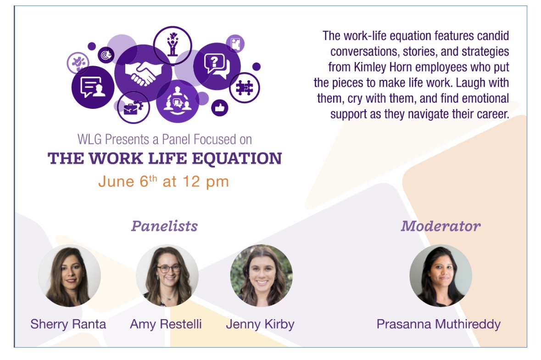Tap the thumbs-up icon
[x=220, y=108]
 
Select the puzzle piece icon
[x=245, y=88]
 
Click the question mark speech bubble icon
[x=217, y=66]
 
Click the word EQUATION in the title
[x=237, y=158]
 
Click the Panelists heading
[x=164, y=226]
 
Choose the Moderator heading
[x=441, y=226]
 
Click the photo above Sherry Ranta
[x=70, y=276]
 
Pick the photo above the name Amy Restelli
[x=167, y=276]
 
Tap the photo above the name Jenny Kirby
[x=262, y=276]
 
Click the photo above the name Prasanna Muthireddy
[x=441, y=276]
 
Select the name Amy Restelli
[x=166, y=324]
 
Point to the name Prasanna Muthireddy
[x=439, y=325]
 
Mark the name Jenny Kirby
[x=260, y=325]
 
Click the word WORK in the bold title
[x=116, y=158]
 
